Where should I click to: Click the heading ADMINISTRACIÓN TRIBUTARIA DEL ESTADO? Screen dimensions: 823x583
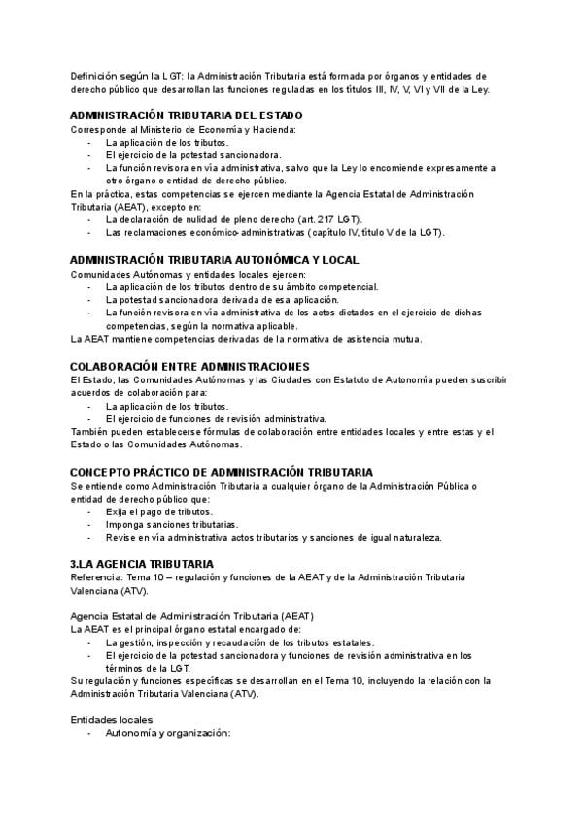click(179, 115)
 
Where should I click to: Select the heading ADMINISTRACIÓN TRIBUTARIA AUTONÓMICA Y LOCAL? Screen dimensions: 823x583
click(215, 260)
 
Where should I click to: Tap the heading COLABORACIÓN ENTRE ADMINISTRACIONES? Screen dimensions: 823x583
click(189, 366)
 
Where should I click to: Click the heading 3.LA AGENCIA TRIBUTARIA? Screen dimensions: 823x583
click(141, 563)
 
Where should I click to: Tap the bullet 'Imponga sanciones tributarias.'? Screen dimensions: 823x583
click(170, 523)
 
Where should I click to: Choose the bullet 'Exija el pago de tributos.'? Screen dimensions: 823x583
click(159, 510)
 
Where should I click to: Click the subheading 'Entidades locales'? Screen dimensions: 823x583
click(111, 719)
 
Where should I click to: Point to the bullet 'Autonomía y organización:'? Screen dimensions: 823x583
click(167, 733)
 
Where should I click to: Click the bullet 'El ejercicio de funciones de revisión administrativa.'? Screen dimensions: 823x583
click(215, 418)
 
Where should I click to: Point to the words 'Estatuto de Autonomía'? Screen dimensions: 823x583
click(364, 379)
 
